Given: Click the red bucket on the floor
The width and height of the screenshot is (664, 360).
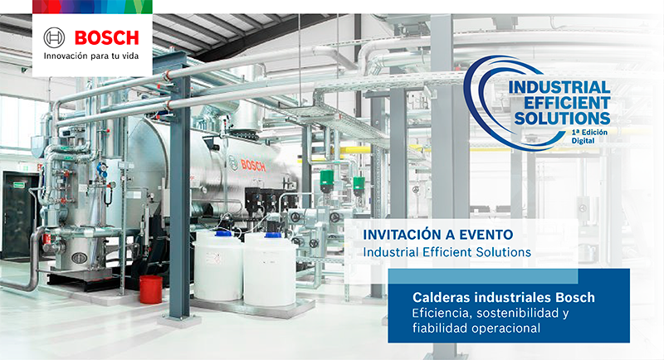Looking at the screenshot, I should click(x=151, y=289).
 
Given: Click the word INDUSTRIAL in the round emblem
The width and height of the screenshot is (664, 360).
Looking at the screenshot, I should click(x=559, y=87).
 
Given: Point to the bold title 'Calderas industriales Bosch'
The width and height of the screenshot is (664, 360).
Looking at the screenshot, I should click(x=504, y=296).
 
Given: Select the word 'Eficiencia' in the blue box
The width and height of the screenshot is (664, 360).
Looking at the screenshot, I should click(x=440, y=312).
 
